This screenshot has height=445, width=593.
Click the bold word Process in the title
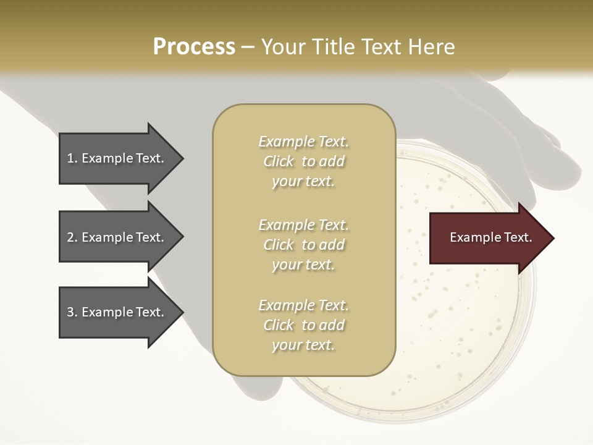[194, 47]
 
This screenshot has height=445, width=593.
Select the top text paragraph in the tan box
[303, 161]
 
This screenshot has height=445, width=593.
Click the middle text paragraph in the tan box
[303, 244]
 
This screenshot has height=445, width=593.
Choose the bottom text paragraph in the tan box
[303, 325]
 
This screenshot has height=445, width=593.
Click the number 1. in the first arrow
[72, 158]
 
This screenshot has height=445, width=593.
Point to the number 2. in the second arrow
[72, 237]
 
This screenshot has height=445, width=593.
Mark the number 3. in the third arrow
[72, 312]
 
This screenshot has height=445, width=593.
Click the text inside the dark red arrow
[490, 237]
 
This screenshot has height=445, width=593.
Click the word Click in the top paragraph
[279, 161]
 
